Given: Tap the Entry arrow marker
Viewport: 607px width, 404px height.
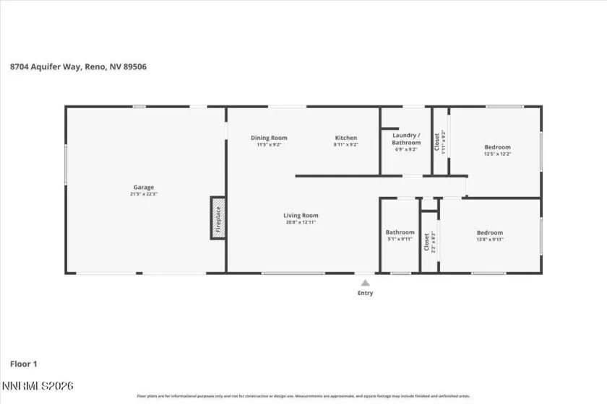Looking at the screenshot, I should [x=366, y=283].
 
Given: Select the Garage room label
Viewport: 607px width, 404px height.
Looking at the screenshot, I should [x=143, y=188].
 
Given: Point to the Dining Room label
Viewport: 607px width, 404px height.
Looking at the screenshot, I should [x=269, y=138].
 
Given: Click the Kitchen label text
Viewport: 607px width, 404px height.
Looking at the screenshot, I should [x=345, y=138].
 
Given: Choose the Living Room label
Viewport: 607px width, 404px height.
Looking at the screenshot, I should [x=300, y=215].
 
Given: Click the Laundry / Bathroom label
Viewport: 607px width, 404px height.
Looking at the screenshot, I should [x=405, y=139].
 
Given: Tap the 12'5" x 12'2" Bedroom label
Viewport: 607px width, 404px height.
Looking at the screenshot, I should [x=497, y=147].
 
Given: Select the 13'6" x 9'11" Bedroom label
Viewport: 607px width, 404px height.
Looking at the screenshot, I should [x=489, y=232].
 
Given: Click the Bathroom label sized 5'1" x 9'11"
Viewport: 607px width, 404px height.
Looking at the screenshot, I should [x=400, y=232].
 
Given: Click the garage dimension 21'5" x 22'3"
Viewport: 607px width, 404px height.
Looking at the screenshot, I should [x=143, y=194].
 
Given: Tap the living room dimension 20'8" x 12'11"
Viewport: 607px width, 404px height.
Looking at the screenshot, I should [x=300, y=222].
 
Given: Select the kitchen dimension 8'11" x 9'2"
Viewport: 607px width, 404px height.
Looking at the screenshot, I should [x=345, y=145].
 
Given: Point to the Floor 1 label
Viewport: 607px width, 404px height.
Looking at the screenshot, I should [x=25, y=364].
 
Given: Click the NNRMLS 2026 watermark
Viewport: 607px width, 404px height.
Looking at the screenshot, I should [x=38, y=387].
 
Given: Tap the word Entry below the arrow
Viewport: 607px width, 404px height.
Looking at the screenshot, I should [x=366, y=293].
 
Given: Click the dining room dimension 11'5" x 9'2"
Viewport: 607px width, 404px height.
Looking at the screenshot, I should [x=269, y=145].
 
